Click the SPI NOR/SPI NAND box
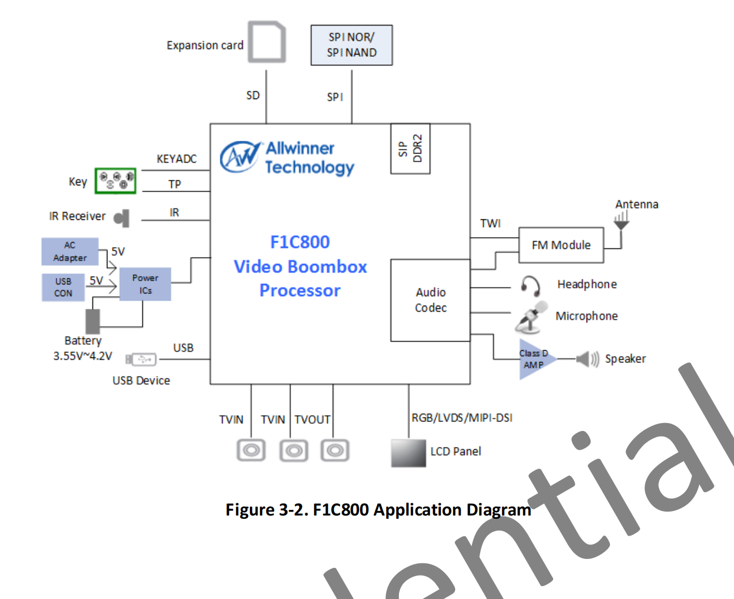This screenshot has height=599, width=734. coord(352,45)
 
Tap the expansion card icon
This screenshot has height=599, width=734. coord(267,42)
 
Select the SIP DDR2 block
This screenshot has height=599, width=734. coord(410,149)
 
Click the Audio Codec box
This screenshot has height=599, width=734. coord(430,300)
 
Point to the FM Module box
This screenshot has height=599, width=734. coord(561,245)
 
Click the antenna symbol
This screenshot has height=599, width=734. coord(621,222)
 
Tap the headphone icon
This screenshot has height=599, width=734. coord(530,286)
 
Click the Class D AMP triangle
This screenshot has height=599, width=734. coord(535,360)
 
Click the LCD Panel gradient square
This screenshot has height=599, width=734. coord(408,453)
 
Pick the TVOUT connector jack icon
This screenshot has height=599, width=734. coord(334,450)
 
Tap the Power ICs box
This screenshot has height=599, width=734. coord(145,284)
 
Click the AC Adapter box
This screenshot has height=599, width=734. coord(70,252)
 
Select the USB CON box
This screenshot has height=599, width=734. coord(63,287)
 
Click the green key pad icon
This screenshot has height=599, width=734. coord(115,181)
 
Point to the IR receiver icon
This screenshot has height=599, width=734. coord(122,218)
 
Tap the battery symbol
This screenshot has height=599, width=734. coord(92,321)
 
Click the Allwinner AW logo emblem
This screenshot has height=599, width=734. coord(240,156)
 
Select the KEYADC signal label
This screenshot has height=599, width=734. coord(176,159)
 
